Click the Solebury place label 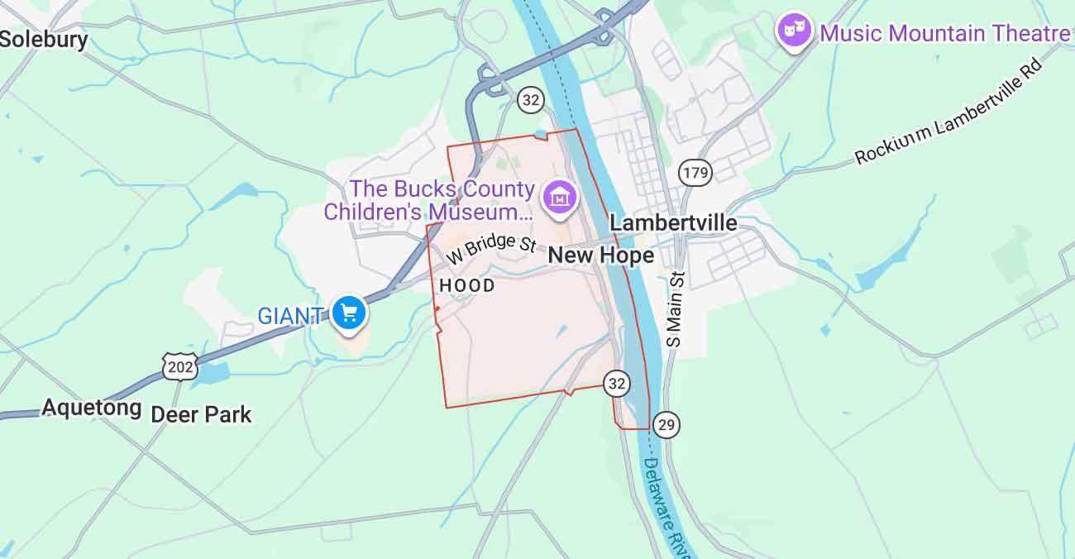click(x=44, y=39)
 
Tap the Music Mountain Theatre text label click(x=944, y=34)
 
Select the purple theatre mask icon click(x=795, y=31)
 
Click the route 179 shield click(x=695, y=173)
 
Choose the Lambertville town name click(x=673, y=223)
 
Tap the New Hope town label click(x=601, y=256)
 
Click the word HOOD click(x=467, y=286)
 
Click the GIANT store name click(x=289, y=316)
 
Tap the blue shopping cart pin click(x=349, y=313)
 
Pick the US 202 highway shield click(x=179, y=366)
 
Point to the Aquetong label click(x=92, y=408)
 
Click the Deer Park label click(x=201, y=414)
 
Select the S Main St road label click(x=676, y=309)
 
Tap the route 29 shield click(x=666, y=425)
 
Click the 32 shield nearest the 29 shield click(x=616, y=383)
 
